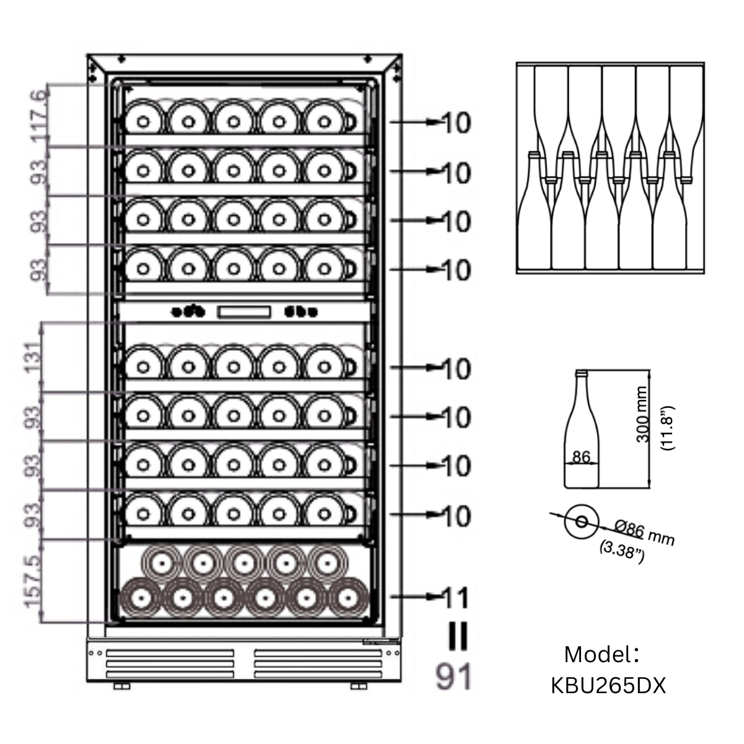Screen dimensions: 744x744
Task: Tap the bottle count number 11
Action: (457, 598)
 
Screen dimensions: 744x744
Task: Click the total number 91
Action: (453, 677)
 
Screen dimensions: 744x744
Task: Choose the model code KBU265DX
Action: (608, 686)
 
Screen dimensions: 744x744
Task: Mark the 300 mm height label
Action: (642, 414)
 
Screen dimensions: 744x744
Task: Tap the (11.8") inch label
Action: (668, 428)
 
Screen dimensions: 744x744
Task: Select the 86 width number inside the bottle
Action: (581, 458)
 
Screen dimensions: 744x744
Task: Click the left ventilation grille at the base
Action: (170, 663)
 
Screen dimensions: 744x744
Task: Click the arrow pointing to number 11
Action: (416, 596)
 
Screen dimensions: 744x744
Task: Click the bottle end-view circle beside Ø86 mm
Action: (581, 521)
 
